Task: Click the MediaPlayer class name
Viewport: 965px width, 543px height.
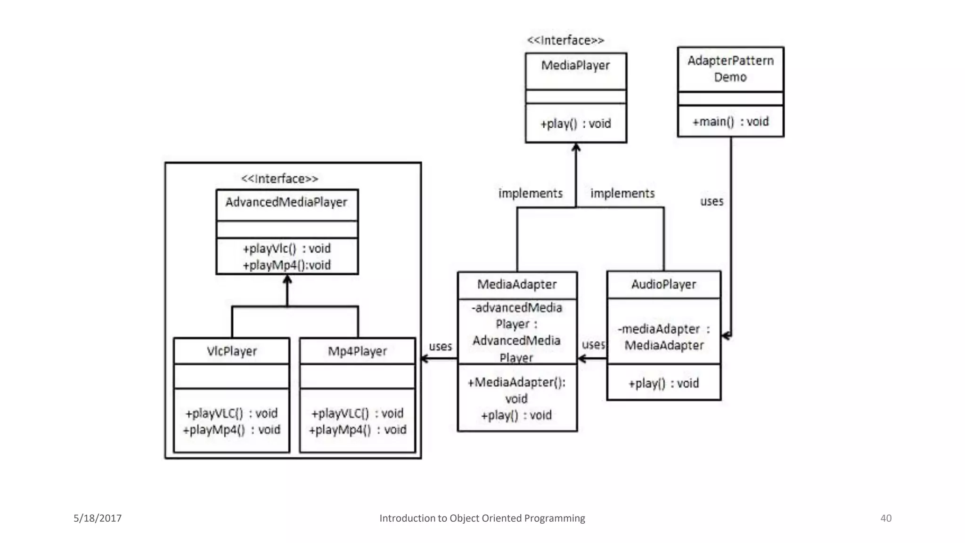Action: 575,65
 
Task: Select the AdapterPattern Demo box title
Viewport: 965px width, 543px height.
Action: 730,69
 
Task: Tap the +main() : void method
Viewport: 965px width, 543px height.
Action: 730,122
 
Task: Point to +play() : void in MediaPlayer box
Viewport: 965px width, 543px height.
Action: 575,123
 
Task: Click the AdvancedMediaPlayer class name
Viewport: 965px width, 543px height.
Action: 286,202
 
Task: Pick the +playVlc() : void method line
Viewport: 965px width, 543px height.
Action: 286,248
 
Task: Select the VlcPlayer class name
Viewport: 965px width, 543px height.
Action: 231,351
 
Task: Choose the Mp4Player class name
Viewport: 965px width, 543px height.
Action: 357,351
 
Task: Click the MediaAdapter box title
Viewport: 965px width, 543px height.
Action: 517,284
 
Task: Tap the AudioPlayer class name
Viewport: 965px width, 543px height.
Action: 663,284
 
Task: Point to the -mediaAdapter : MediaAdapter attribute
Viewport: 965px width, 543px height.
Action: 663,337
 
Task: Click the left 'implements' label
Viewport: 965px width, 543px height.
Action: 531,193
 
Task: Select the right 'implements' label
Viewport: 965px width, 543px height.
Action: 622,193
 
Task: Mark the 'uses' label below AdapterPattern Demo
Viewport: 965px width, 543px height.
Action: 711,201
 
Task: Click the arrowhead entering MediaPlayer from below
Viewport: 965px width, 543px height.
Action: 576,147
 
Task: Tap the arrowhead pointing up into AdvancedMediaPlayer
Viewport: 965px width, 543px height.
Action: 287,279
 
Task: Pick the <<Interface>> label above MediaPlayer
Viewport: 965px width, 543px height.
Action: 565,41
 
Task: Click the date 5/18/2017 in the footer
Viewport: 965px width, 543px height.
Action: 98,518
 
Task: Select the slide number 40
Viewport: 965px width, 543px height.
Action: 886,518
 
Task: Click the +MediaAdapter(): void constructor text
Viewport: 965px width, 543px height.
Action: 516,390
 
